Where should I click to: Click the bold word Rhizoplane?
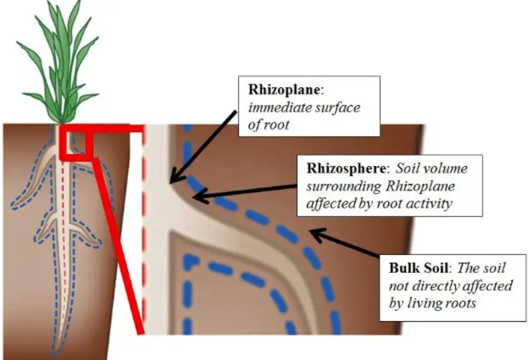click(x=284, y=90)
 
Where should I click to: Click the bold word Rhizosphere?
click(x=346, y=168)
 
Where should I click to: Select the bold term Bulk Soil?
click(x=419, y=268)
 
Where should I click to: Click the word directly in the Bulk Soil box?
click(x=436, y=286)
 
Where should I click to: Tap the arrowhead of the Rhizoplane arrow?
click(x=175, y=178)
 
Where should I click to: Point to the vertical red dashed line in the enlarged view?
click(x=144, y=229)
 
